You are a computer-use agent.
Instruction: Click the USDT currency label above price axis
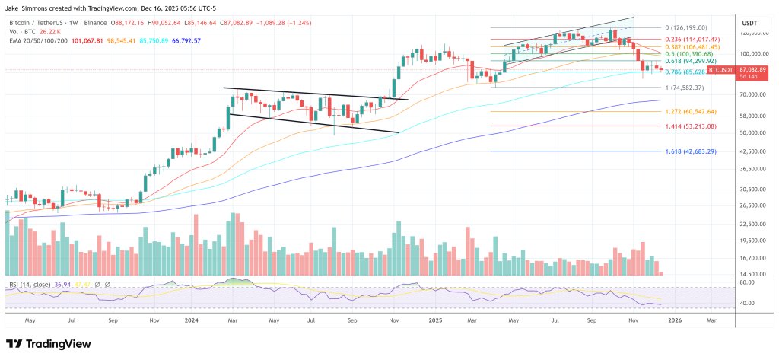(x=749, y=24)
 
